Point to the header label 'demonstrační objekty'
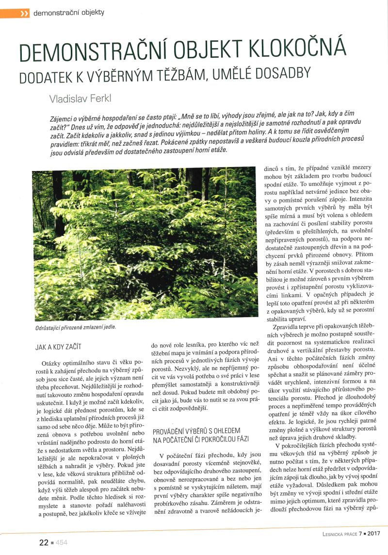coord(68,13)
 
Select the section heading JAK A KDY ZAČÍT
coord(58,348)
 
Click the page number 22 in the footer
coord(44,542)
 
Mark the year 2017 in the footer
coord(371,534)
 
